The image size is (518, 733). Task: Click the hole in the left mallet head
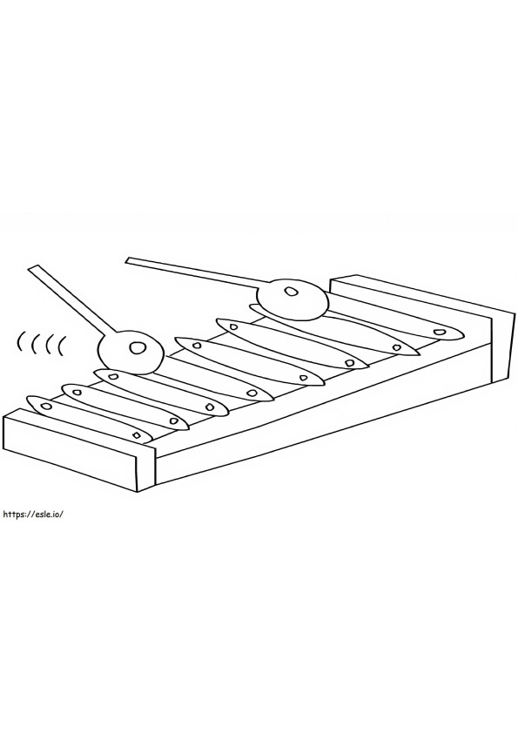[x=137, y=348]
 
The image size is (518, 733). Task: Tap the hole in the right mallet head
[x=291, y=292]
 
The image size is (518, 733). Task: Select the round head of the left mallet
[x=131, y=351]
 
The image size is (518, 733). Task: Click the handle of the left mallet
[x=71, y=300]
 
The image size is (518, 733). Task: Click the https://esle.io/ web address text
[x=33, y=514]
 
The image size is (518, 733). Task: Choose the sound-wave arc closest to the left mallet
[x=61, y=346]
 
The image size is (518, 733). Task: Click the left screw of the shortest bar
[x=46, y=406]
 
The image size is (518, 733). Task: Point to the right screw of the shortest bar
[x=136, y=435]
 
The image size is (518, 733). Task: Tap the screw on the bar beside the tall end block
[x=438, y=333]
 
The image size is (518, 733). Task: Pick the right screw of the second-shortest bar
[x=174, y=421]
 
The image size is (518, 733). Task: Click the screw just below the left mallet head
[x=112, y=376]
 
